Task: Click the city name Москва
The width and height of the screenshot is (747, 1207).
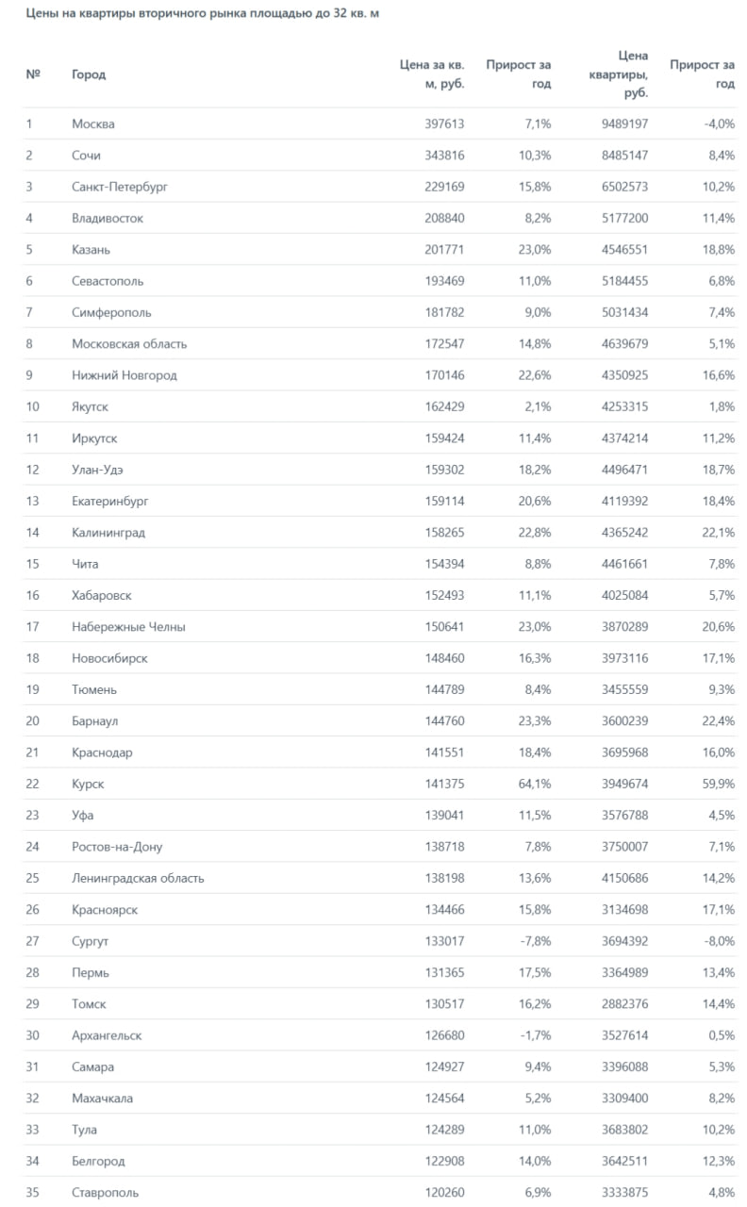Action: point(93,124)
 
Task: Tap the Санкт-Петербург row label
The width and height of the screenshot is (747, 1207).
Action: point(119,187)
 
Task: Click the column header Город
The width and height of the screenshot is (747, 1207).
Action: point(89,74)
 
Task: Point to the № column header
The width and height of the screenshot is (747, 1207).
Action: point(33,74)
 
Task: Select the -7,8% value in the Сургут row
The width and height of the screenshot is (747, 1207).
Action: point(533,941)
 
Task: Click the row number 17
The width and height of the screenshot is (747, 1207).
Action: point(33,627)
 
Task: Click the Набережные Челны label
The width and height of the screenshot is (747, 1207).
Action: point(128,627)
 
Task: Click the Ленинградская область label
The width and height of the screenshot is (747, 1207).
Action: point(138,878)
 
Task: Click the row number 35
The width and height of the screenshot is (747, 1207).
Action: point(33,1193)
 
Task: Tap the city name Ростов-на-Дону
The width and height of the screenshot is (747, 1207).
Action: point(117,847)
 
